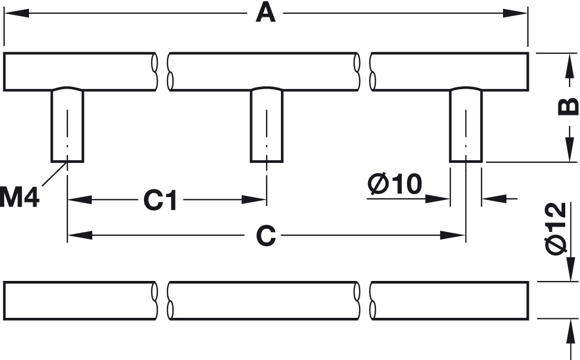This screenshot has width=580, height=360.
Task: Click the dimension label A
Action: (x=265, y=13)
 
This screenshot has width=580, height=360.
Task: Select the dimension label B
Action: (x=568, y=108)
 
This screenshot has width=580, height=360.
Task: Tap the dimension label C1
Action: (x=160, y=200)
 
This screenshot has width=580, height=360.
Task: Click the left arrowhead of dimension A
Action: (x=16, y=13)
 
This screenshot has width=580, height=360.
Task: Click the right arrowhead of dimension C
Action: (x=454, y=236)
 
